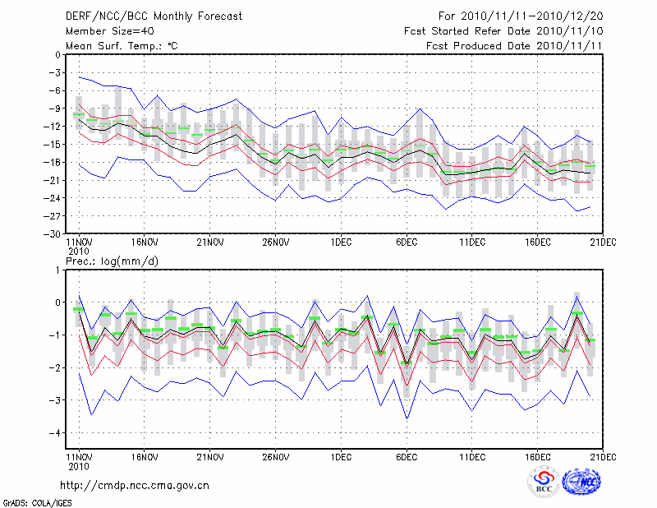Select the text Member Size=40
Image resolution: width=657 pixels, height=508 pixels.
click(108, 30)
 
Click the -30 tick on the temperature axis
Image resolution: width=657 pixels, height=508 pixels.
click(51, 234)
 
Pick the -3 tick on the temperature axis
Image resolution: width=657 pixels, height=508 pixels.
click(53, 73)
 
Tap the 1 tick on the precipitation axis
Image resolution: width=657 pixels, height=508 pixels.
click(57, 270)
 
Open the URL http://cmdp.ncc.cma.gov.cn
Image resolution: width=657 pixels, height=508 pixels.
click(135, 485)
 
